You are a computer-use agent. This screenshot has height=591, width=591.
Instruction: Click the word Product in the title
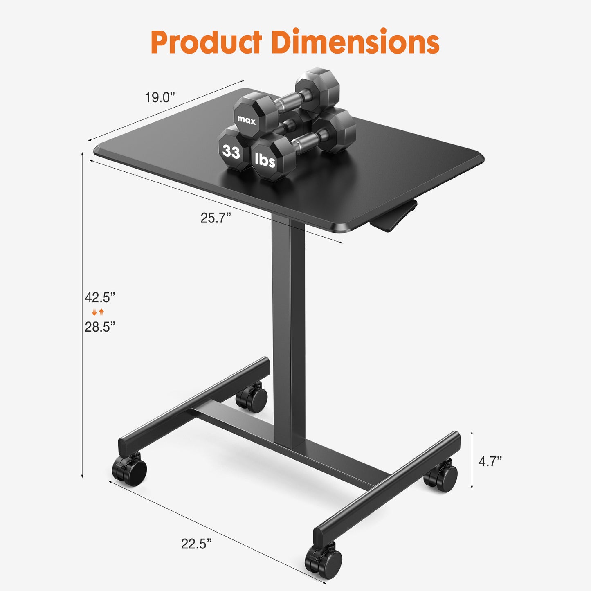[206, 42]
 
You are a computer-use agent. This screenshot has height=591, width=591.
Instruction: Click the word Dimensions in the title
[355, 42]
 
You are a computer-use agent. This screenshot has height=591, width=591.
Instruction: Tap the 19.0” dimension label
[160, 97]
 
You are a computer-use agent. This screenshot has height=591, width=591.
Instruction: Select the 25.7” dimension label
[216, 218]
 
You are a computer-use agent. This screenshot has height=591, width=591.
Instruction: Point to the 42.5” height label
[100, 297]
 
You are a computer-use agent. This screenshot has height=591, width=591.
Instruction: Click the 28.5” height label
[100, 327]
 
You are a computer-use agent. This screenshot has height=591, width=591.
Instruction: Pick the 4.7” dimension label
[490, 461]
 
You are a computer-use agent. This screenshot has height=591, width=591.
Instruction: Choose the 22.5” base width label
[196, 544]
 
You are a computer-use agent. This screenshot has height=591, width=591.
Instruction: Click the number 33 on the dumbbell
[231, 152]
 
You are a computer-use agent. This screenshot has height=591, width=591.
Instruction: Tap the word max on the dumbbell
[246, 120]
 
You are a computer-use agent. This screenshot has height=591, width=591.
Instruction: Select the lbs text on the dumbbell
[265, 160]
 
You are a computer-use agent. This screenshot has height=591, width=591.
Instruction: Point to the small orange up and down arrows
[98, 312]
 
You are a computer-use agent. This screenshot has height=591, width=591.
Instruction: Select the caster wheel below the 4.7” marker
[442, 476]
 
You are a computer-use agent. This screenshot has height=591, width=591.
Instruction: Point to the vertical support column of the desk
[288, 327]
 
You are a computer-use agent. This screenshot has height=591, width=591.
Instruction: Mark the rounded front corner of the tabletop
[344, 227]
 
